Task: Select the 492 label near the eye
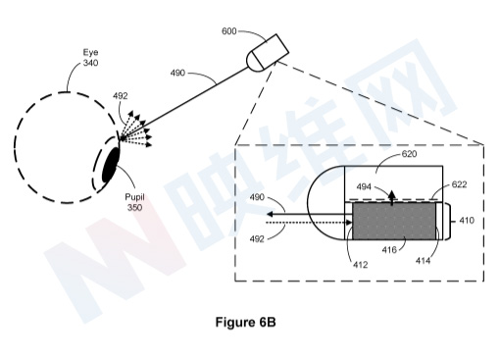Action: [x=121, y=96]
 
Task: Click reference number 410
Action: [x=467, y=222]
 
